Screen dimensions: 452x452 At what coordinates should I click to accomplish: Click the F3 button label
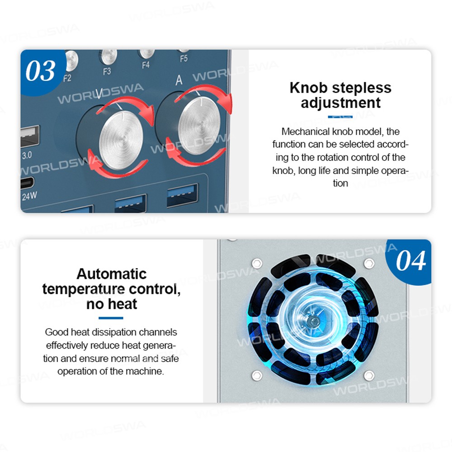click(107, 71)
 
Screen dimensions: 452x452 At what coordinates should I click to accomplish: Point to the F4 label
click(146, 65)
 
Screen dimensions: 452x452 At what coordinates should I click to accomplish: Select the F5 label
click(184, 58)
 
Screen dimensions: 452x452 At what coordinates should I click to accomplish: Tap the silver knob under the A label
click(199, 126)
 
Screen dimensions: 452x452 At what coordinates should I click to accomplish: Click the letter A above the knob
click(179, 80)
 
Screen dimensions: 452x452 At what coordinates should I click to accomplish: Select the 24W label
click(29, 196)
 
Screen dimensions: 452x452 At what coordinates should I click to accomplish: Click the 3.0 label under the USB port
click(27, 155)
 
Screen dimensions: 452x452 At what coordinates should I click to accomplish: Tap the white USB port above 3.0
click(30, 136)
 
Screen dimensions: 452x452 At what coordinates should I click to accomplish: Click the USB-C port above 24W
click(27, 183)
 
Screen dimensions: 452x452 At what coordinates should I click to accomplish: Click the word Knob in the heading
click(308, 87)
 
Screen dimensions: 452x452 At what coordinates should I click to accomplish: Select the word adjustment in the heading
click(340, 103)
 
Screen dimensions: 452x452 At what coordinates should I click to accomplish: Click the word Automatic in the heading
click(112, 274)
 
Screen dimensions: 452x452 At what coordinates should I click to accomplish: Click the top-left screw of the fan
click(257, 263)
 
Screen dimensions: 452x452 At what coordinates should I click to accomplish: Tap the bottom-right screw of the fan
click(369, 375)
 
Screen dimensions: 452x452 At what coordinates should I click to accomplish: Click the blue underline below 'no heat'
click(111, 318)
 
